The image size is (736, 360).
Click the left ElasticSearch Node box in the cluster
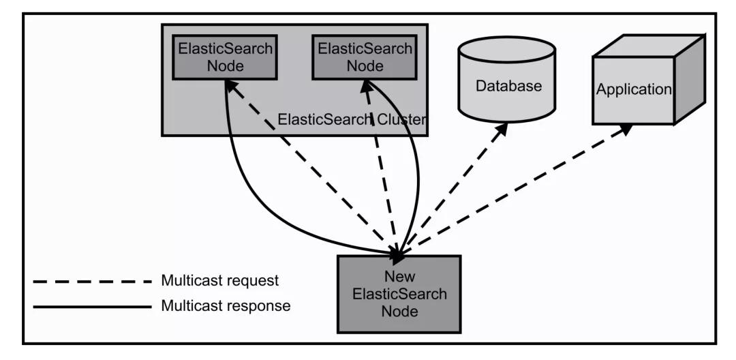click(x=225, y=57)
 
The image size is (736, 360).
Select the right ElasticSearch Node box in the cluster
click(x=365, y=57)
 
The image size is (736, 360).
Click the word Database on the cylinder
click(x=508, y=86)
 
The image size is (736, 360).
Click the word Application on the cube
click(x=634, y=89)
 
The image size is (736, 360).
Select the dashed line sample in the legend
click(x=92, y=281)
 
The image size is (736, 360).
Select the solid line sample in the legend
click(x=92, y=306)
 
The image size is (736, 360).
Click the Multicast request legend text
click(x=220, y=281)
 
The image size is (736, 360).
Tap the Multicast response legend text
click(x=226, y=306)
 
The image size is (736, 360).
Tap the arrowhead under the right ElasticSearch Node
click(x=367, y=85)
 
